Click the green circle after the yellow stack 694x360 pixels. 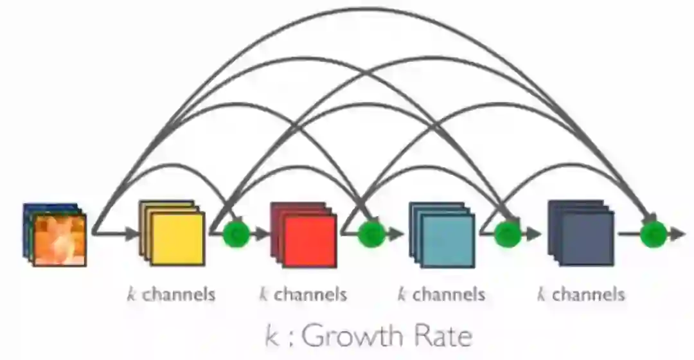point(236,233)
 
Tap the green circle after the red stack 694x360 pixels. point(370,233)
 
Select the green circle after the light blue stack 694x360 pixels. point(507,233)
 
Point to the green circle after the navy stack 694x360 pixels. point(653,233)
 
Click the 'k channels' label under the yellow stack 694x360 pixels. point(171,295)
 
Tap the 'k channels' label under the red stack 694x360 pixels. point(303,295)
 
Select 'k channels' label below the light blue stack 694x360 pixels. point(441,295)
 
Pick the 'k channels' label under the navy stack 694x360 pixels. point(581,295)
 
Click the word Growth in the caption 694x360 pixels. point(353,336)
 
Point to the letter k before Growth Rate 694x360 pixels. point(272,336)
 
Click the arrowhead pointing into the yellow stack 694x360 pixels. point(132,233)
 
